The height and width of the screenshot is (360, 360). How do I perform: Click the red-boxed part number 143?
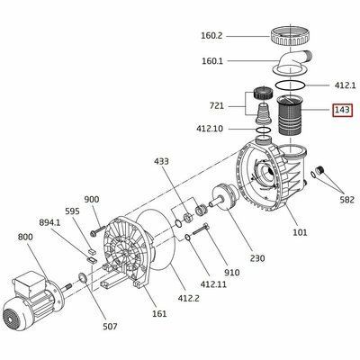[x=342, y=110]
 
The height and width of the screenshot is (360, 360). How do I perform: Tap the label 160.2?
[x=211, y=36]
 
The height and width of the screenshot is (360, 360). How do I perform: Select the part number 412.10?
[x=210, y=129]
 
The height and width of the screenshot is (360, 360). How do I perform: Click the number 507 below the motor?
[x=110, y=326]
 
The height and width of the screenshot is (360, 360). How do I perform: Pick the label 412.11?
[x=214, y=283]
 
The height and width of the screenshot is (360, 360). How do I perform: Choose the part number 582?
[x=347, y=200]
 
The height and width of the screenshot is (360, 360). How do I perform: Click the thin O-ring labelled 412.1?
[x=291, y=85]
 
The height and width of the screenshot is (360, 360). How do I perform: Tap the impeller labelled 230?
[x=225, y=198]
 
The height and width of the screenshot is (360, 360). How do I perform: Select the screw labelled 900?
[x=98, y=230]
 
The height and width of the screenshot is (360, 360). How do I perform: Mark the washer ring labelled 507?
[x=83, y=278]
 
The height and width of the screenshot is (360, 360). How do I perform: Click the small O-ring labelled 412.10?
[x=264, y=130]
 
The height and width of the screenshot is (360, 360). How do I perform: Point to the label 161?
[x=159, y=313]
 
